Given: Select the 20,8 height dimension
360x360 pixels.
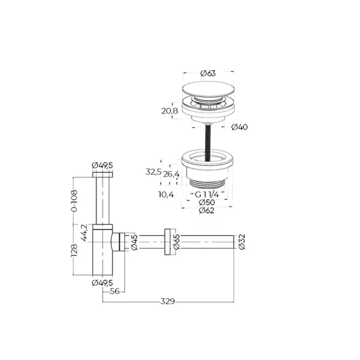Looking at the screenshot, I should [x=169, y=110].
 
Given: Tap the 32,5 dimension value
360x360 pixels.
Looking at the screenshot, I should [x=154, y=172].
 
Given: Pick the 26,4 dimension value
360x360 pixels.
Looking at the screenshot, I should [x=172, y=174].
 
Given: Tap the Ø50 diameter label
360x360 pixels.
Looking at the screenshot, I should [x=207, y=203].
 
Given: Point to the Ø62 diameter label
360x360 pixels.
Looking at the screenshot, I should [x=207, y=210].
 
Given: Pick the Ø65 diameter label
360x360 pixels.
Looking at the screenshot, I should [x=177, y=243].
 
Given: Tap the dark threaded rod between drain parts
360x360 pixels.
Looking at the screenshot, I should [x=208, y=139].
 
